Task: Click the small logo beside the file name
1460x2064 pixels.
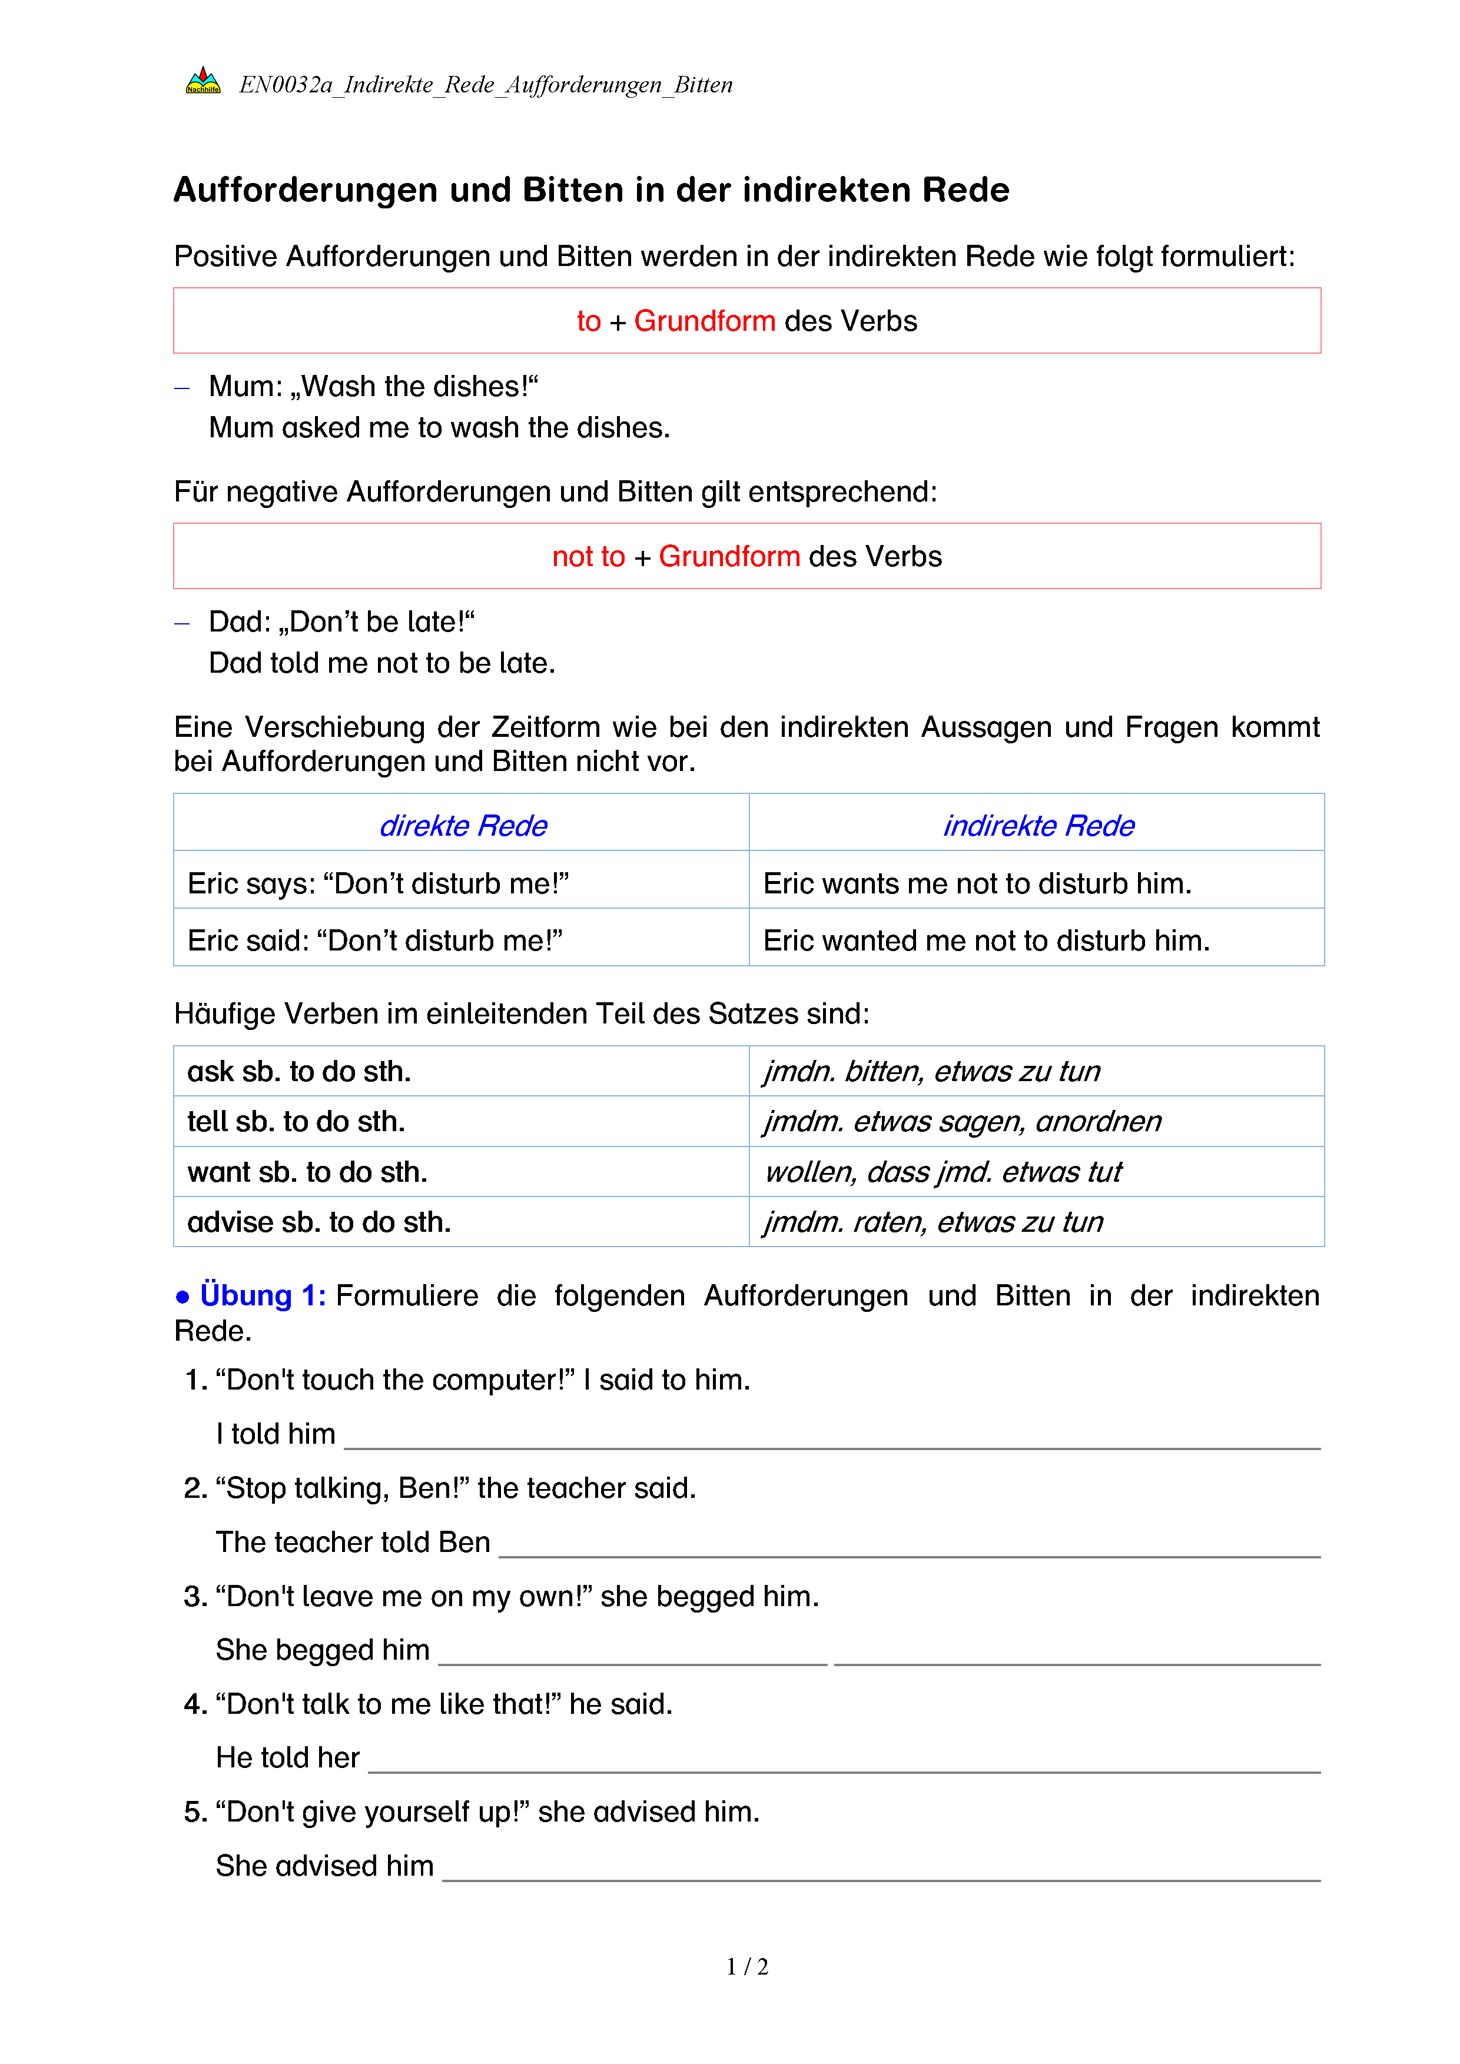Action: point(203,81)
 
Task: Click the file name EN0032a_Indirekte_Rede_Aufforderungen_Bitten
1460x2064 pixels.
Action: point(486,85)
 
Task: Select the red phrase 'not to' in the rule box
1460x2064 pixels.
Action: point(588,556)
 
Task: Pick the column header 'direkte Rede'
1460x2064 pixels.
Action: point(463,825)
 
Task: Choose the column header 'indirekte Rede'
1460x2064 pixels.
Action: point(1038,825)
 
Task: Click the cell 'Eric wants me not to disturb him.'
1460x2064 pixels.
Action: point(977,883)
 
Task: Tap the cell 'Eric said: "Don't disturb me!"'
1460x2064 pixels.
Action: point(375,940)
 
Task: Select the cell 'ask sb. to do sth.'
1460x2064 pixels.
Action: point(300,1072)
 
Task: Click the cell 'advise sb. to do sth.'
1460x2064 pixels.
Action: point(319,1222)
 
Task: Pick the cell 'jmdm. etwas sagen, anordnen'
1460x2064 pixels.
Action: point(962,1122)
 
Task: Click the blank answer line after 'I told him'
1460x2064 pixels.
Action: point(832,1438)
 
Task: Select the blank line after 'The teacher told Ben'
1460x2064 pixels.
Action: point(909,1546)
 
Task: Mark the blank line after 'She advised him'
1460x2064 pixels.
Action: point(881,1870)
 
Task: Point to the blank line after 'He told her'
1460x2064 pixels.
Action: point(843,1762)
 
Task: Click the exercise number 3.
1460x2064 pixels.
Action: point(194,1597)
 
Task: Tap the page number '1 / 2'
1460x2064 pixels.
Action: point(747,1967)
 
